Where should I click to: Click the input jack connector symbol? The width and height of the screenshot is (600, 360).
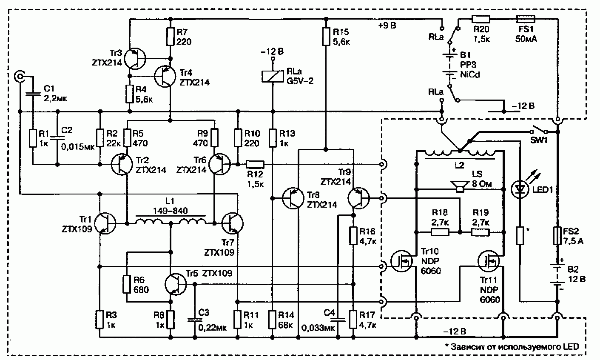[x=20, y=77]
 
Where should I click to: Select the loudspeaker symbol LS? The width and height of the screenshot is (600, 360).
[x=460, y=186]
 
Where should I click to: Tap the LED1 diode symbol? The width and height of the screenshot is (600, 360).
[x=520, y=189]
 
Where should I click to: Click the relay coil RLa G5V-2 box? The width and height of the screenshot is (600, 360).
[x=273, y=76]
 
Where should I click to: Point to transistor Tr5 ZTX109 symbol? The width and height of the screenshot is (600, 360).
[x=176, y=284]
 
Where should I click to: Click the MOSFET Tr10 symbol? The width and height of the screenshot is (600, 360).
[x=401, y=261]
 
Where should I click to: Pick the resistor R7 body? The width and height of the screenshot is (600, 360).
[x=171, y=37]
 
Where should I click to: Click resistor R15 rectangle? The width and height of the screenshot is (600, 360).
[x=326, y=37]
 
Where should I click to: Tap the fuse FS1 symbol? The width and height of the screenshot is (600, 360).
[x=526, y=19]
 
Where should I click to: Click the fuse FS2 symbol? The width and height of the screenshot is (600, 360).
[x=557, y=236]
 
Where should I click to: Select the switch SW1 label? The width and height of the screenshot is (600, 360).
[x=539, y=140]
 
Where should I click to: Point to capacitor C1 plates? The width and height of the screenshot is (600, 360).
[x=33, y=94]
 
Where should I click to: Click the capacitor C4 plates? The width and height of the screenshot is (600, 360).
[x=338, y=320]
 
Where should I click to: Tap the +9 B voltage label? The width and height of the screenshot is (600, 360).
[x=387, y=26]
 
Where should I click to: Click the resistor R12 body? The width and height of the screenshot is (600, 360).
[x=255, y=164]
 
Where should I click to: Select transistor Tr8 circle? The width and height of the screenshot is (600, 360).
[x=293, y=198]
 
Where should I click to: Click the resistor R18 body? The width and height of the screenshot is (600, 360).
[x=440, y=232]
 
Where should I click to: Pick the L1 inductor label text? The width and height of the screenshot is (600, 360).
[x=170, y=201]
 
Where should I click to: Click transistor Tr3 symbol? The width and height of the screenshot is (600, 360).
[x=135, y=59]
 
